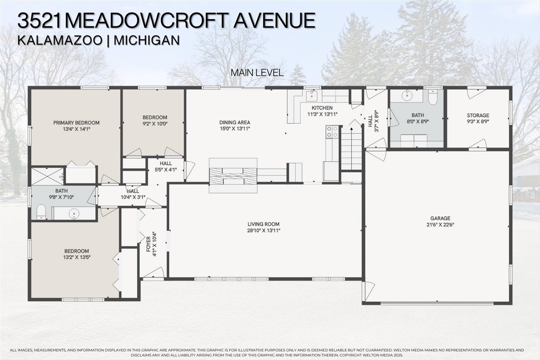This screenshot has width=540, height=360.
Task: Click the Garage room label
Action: tap(440, 218)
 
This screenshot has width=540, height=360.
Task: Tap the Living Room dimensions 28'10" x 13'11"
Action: tap(264, 230)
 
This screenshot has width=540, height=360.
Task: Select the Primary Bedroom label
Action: tap(76, 123)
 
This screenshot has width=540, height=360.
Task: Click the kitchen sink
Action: tap(312, 96)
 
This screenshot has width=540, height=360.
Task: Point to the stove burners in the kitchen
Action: tap(332, 132)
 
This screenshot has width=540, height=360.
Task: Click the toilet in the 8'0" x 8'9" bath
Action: tap(433, 97)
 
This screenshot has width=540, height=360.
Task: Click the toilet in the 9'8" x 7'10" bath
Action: tap(41, 212)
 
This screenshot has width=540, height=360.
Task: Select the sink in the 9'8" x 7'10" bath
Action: tap(74, 214)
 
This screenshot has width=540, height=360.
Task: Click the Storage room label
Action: tap(478, 116)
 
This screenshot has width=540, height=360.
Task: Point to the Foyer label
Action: tap(148, 244)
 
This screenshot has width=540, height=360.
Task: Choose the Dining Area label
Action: tap(235, 122)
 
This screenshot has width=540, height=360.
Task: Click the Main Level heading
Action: tap(257, 73)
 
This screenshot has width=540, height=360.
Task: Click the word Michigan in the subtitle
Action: tap(146, 41)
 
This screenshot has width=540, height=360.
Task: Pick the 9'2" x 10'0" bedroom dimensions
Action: tap(155, 124)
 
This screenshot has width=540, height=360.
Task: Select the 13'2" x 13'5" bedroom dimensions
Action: tap(77, 257)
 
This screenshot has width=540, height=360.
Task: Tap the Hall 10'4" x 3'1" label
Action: tap(133, 194)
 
